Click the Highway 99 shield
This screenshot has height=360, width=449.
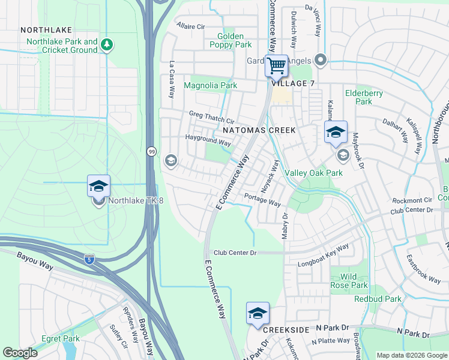[x=151, y=152]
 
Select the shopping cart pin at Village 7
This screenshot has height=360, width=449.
[x=276, y=65]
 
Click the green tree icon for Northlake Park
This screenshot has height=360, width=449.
[x=106, y=45]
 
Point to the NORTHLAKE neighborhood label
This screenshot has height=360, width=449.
[x=46, y=29]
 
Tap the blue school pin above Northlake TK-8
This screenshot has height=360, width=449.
[x=98, y=186]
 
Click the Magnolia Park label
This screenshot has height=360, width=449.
[x=210, y=86]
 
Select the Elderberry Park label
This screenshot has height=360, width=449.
[x=359, y=97]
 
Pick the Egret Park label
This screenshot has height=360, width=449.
[x=61, y=338]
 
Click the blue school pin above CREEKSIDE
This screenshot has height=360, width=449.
[x=258, y=314]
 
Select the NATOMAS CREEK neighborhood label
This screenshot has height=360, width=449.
[x=259, y=130]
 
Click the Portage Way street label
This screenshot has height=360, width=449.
[x=262, y=200]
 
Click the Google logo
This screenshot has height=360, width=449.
[x=20, y=352]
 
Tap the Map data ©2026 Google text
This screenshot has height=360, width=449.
[x=411, y=355]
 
